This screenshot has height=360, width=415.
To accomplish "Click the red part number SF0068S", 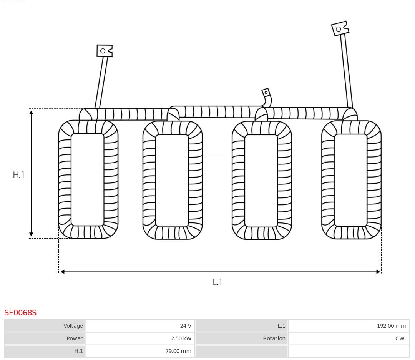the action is [x=20, y=313].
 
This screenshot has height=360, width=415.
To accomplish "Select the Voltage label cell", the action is [x=45, y=326].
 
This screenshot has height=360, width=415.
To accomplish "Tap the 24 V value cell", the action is [x=140, y=326].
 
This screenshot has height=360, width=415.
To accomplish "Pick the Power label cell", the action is [x=45, y=338].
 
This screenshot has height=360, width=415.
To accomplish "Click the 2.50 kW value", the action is [x=181, y=338].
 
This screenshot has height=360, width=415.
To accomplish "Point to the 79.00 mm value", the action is [x=178, y=351].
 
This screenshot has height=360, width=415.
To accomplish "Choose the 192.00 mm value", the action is [x=392, y=326].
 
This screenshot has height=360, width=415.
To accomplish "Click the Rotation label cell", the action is [x=242, y=338].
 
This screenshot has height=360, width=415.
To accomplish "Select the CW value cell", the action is [x=349, y=338].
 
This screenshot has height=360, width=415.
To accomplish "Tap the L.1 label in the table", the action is [x=281, y=326].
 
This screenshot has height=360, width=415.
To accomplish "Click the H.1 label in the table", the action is [x=79, y=351].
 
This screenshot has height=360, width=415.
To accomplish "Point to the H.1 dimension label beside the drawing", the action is [x=18, y=175].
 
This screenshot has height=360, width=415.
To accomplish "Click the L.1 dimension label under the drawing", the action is [x=217, y=282].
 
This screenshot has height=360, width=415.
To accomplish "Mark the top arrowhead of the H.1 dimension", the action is [x=31, y=113].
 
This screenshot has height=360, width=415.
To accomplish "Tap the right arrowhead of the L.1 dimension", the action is [x=378, y=272].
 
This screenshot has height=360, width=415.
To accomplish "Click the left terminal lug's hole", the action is [x=103, y=51].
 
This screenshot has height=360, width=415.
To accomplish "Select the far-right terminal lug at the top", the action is [x=340, y=28].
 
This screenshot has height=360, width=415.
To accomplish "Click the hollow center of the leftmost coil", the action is [x=88, y=180].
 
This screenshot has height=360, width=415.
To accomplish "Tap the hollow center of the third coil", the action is [x=261, y=181].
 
